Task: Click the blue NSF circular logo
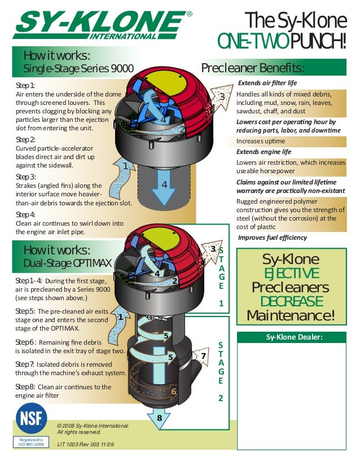[x=31, y=418]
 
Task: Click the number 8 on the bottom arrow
[x=159, y=417]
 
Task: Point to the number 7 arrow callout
[x=201, y=356]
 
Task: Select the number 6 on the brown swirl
[x=174, y=392]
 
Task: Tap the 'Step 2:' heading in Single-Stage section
[x=25, y=139]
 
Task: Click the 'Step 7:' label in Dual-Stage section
[x=25, y=364]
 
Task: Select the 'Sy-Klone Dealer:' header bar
[x=292, y=337]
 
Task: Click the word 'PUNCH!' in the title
[x=318, y=41]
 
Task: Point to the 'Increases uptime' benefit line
[x=261, y=141]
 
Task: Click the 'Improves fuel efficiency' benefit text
[x=273, y=238]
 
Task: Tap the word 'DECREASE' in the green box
[x=292, y=301]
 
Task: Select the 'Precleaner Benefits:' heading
[x=253, y=68]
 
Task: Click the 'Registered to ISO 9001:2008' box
[x=31, y=442]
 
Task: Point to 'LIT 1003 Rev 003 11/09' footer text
[x=86, y=445]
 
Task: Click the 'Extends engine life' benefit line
[x=264, y=152]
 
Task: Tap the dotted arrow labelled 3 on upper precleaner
[x=220, y=98]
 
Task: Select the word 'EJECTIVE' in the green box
[x=292, y=274]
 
